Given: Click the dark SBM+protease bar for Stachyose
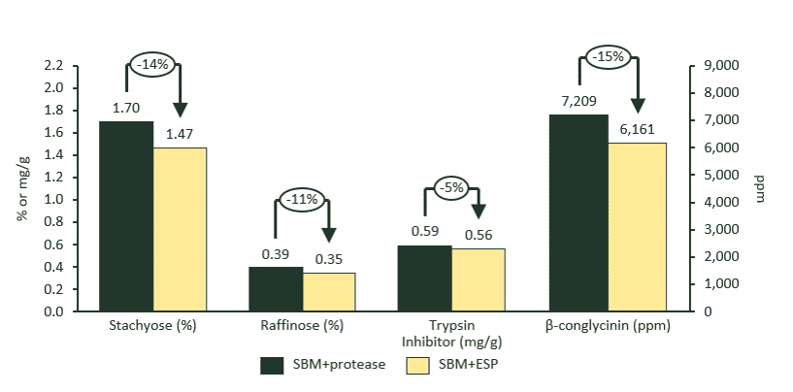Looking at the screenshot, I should coord(126,216).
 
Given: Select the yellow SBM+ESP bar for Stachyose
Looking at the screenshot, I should coord(180,229).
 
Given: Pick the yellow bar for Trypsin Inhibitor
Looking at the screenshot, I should coord(479,280).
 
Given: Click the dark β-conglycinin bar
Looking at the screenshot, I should coord(578,212).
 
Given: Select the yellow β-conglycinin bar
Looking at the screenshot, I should coord(637,227).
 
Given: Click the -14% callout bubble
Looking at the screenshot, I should coord(153,64).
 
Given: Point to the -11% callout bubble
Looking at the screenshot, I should coord(303,200).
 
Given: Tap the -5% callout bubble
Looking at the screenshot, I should coord(451,186).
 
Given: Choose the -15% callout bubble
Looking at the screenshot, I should coord(609,57).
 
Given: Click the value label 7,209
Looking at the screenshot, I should coord(578,101).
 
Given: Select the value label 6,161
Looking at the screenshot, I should coord(637,129).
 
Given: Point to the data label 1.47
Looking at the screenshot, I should coord(180,134).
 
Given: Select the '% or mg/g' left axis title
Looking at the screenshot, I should coord(21,189).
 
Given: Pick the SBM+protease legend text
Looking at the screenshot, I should coord(340,365).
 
